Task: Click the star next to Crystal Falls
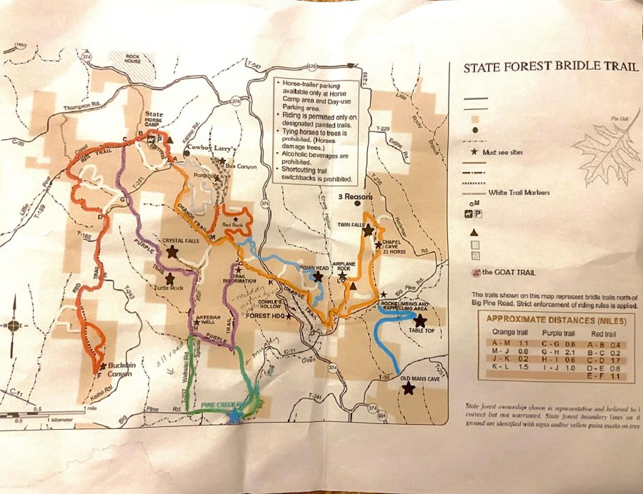click(171, 252)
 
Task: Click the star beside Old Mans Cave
click(408, 388)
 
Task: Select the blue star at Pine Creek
click(233, 416)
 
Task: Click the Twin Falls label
click(351, 223)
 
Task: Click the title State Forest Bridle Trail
click(550, 69)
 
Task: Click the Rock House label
click(135, 56)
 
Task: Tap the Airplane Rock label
click(350, 263)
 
